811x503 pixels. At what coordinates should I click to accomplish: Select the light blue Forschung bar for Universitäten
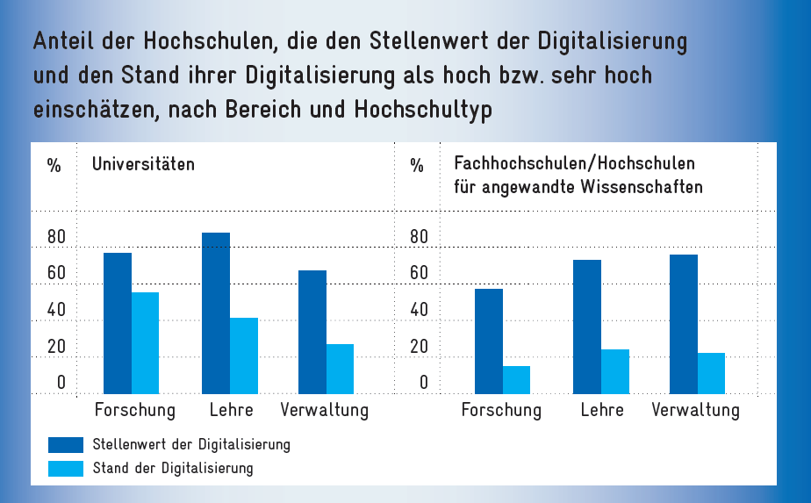click(x=145, y=343)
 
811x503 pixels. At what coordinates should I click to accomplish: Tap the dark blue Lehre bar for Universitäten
click(x=216, y=313)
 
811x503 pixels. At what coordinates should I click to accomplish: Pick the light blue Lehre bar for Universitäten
click(x=244, y=356)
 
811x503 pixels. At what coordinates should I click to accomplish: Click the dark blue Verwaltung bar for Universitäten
click(x=312, y=332)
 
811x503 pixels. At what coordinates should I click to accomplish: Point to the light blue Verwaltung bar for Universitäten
click(x=340, y=369)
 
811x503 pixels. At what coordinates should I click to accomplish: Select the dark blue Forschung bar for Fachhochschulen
click(x=489, y=341)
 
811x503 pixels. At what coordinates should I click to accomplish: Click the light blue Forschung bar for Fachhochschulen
click(x=516, y=380)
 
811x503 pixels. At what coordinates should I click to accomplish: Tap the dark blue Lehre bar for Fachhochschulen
click(x=587, y=327)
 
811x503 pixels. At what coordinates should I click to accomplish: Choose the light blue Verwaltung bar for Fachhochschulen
click(x=711, y=373)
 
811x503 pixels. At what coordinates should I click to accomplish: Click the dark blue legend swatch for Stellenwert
click(x=65, y=445)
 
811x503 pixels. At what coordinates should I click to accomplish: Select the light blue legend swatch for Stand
click(x=65, y=468)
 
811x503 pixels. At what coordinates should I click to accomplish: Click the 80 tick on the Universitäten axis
click(x=56, y=238)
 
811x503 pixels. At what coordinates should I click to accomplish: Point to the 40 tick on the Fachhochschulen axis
click(x=419, y=310)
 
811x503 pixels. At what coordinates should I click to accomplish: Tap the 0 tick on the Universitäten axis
click(x=61, y=383)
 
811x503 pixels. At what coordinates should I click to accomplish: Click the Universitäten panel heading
click(x=143, y=164)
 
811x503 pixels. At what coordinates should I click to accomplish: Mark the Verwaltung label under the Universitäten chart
click(x=324, y=410)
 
